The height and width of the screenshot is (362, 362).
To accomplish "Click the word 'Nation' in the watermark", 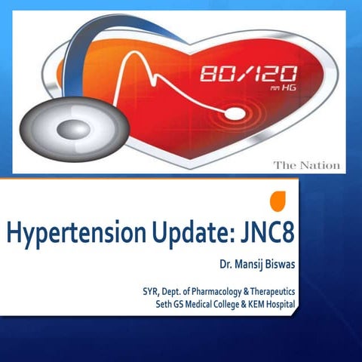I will pos(321,165).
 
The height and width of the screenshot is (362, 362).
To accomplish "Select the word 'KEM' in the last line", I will pos(246,304).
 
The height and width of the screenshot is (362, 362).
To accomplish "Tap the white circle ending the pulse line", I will pos(236,114).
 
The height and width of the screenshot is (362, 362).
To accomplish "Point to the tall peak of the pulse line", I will pos(136,57).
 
